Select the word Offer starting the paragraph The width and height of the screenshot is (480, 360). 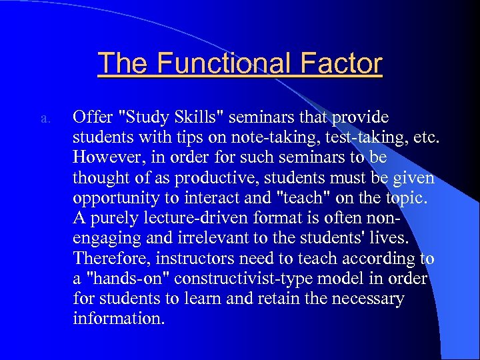pos(93,117)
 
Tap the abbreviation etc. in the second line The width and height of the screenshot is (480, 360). pos(426,137)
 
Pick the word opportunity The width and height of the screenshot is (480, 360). pos(113,198)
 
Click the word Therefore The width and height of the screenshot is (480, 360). pos(109,259)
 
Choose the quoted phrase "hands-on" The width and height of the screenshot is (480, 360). pos(123,279)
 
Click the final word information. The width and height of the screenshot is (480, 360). pos(118,319)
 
